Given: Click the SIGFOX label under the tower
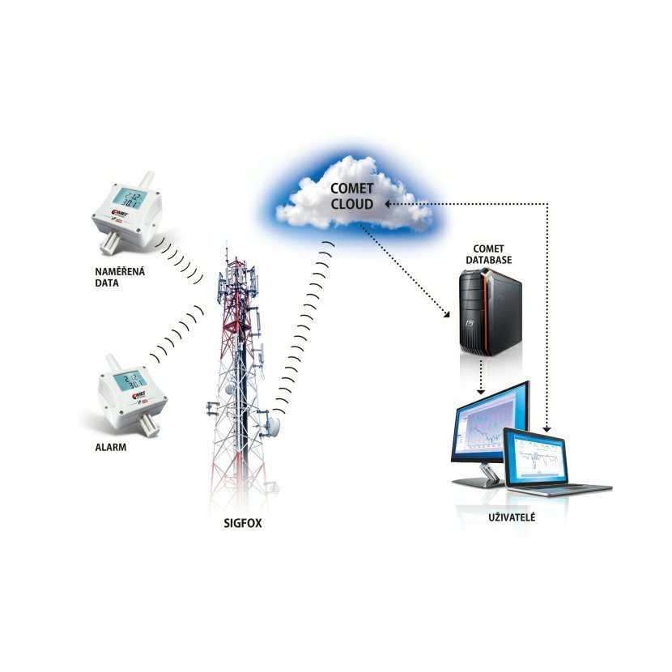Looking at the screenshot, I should point(243,523).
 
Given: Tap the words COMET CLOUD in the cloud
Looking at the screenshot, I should point(351,197).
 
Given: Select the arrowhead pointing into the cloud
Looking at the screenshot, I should point(389,204).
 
